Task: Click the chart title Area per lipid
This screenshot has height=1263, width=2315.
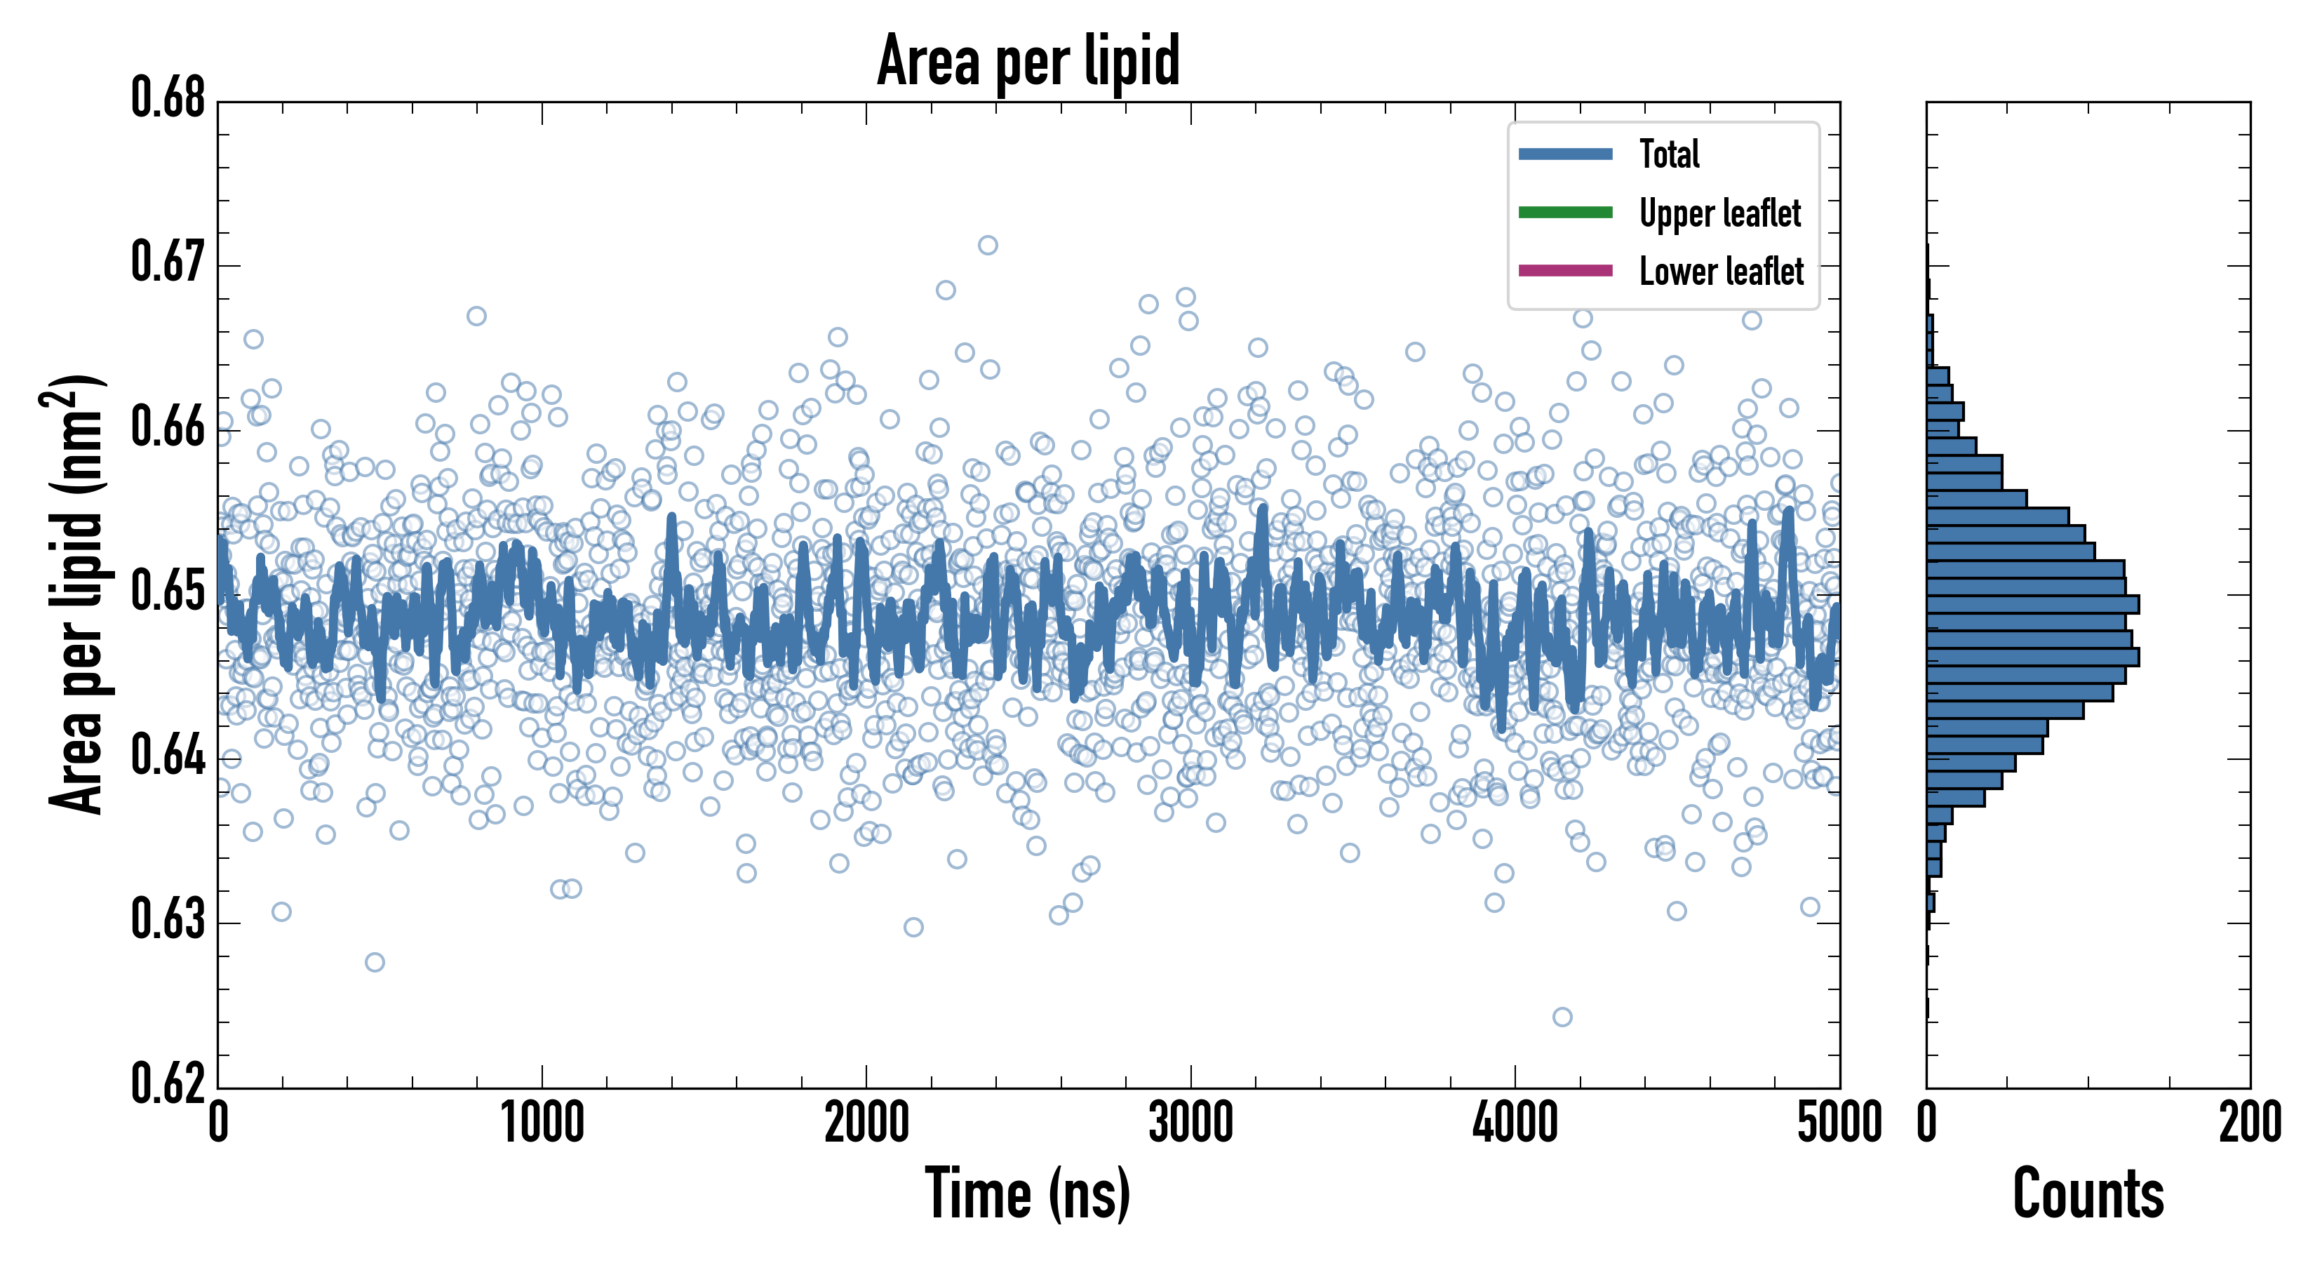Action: [x=1028, y=60]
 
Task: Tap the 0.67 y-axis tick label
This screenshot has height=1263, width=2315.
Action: [x=168, y=262]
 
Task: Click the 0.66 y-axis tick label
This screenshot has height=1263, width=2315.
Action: [x=168, y=427]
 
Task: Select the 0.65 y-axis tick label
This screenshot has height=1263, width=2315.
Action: [x=168, y=592]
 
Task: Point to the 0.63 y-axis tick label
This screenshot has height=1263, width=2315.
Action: [x=168, y=921]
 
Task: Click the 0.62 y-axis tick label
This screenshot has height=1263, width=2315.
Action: [x=168, y=1083]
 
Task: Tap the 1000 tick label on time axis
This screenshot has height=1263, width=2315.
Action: [x=542, y=1123]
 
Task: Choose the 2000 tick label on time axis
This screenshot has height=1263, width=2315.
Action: [x=866, y=1123]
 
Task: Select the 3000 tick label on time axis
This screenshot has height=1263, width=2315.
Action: [x=1190, y=1123]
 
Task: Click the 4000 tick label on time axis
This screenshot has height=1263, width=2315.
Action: [x=1515, y=1123]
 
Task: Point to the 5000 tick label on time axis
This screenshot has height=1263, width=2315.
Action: [x=1839, y=1123]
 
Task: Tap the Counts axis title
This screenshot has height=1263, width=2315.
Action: [x=2088, y=1194]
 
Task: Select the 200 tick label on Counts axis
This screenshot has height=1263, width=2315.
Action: [x=2249, y=1123]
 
